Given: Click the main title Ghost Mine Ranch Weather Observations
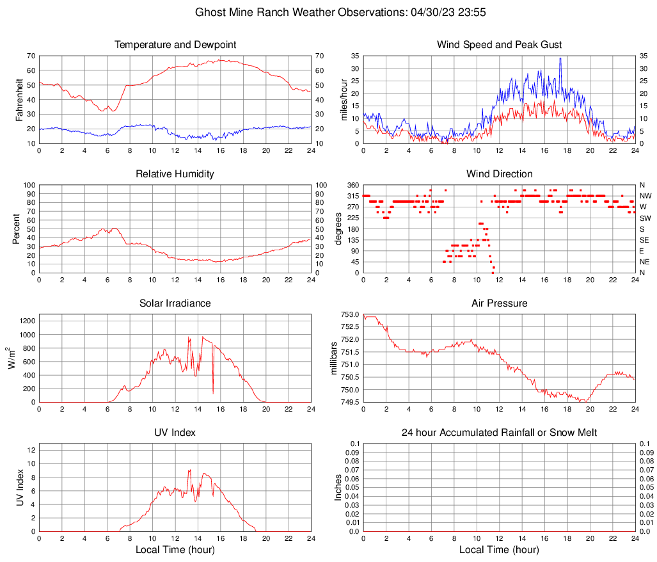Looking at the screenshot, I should click(329, 12).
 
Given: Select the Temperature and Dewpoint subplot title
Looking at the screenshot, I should click(175, 45).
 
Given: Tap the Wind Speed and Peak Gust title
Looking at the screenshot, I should click(499, 45).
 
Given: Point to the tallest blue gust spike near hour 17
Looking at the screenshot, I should click(560, 59).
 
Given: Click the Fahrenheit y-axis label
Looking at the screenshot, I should click(19, 99).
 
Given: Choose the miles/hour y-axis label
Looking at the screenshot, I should click(344, 99).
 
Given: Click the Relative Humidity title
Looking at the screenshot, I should click(175, 174).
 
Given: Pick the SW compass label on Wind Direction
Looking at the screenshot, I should click(645, 218).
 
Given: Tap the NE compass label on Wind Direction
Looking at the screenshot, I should click(645, 262).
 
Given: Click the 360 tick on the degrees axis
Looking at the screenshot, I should click(352, 185).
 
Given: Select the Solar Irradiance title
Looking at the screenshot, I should click(175, 303).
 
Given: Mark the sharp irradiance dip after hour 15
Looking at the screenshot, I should click(213, 393).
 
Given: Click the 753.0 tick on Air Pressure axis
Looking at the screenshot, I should click(349, 314).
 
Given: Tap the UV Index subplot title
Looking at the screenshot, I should click(175, 433).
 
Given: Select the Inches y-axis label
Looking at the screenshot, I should click(338, 487).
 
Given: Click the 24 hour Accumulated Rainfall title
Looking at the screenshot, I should click(499, 433).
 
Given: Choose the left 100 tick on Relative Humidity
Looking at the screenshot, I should click(29, 185).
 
